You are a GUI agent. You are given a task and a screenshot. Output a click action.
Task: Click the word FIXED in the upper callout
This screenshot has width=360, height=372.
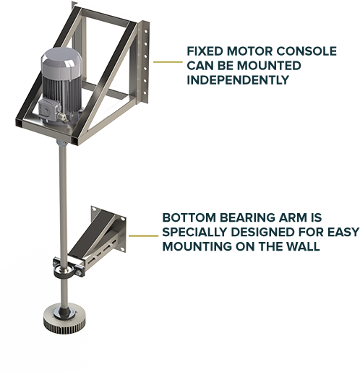click(205, 51)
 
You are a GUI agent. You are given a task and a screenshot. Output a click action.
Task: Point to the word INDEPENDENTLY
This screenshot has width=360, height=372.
click(238, 80)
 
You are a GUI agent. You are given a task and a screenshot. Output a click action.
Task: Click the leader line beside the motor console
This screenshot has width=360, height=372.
click(168, 62)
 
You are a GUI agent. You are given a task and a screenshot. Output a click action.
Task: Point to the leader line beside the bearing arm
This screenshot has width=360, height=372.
click(143, 235)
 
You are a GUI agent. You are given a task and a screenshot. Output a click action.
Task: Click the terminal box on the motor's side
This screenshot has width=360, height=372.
click(48, 111)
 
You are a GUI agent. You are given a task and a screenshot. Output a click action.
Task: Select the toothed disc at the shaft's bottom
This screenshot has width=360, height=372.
click(64, 318)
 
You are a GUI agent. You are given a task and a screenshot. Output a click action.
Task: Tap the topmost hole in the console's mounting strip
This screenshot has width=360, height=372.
click(146, 31)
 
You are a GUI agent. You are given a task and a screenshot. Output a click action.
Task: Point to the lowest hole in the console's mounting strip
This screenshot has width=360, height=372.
click(145, 92)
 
